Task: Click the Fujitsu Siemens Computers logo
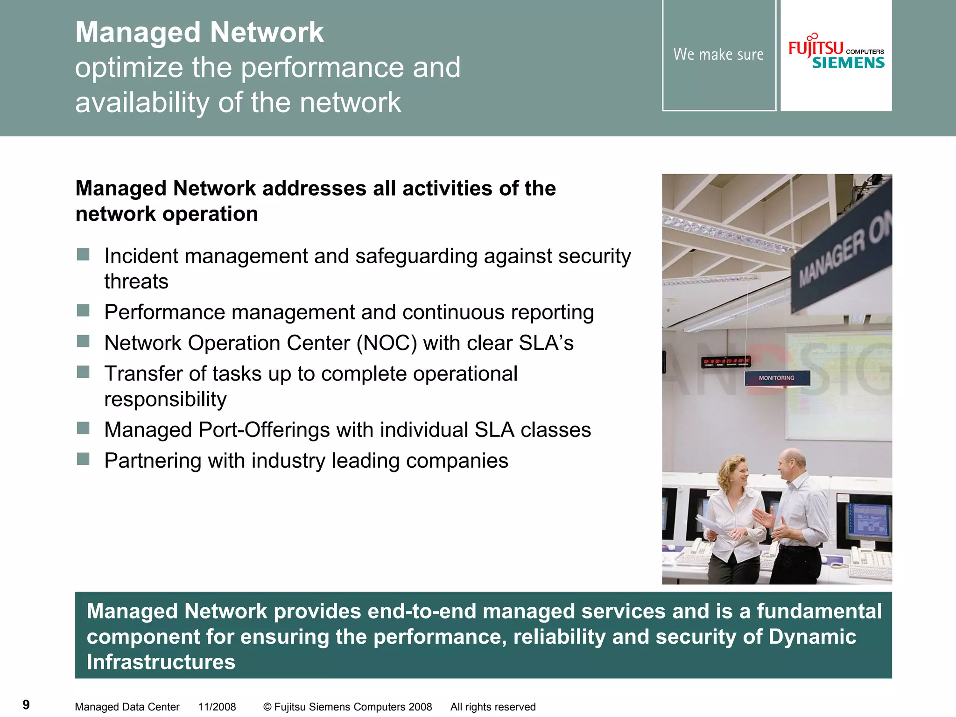point(836,55)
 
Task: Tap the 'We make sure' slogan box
point(718,55)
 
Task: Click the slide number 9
point(26,704)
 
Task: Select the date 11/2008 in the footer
point(217,707)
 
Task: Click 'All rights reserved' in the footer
point(492,707)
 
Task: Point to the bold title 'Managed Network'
point(199,32)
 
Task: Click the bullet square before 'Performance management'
point(83,310)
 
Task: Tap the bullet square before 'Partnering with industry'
point(83,459)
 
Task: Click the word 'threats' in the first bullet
point(136,281)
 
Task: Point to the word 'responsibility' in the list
point(165,400)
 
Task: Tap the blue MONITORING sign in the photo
point(776,378)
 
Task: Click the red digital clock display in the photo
point(726,361)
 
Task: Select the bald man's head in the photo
point(792,462)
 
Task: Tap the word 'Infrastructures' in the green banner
point(161,662)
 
